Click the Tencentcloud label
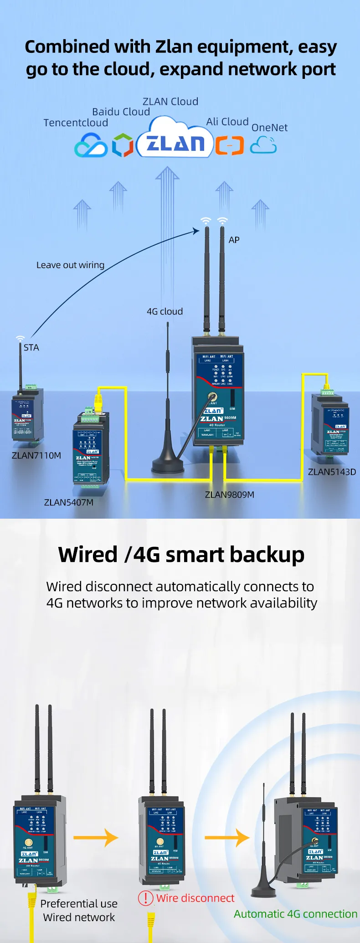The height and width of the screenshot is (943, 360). (76, 123)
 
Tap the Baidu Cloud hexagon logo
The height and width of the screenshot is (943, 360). (123, 145)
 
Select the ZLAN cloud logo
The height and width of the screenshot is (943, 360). (175, 143)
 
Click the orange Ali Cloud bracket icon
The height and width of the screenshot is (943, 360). (230, 145)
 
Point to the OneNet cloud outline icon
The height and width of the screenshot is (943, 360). (263, 145)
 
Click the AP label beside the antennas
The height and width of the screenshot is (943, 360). (234, 240)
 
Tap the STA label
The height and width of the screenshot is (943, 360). (31, 347)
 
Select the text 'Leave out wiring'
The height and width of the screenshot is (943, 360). (70, 265)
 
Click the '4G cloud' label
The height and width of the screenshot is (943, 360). (165, 311)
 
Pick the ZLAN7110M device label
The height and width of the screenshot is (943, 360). (36, 455)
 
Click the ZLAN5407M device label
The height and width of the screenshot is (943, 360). (69, 502)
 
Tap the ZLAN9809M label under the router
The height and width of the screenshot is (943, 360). (230, 495)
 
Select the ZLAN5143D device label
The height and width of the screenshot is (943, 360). (332, 472)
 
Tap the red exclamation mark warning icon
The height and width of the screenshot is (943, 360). (145, 898)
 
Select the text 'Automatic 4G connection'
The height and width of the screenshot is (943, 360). (295, 914)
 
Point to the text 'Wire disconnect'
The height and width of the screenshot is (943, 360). (195, 898)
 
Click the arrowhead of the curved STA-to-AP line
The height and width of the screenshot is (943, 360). (197, 231)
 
